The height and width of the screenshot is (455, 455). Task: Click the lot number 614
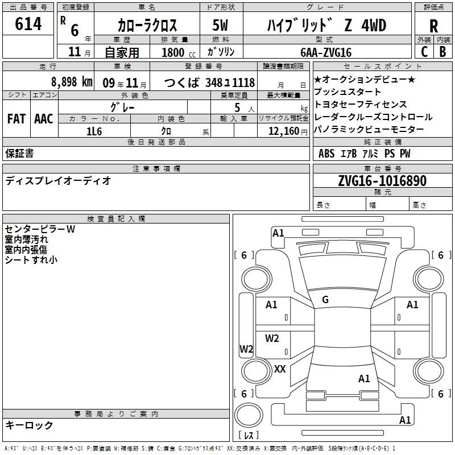(x=28, y=23)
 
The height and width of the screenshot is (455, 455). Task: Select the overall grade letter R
(x=433, y=26)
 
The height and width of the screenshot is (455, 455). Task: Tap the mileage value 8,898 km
(x=72, y=82)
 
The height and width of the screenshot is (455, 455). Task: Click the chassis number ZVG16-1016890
(x=382, y=181)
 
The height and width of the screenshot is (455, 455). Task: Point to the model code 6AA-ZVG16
(x=326, y=52)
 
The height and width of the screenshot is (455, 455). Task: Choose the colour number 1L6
(x=94, y=131)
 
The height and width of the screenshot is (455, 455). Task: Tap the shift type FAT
(x=16, y=119)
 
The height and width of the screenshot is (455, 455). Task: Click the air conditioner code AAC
(x=44, y=119)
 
